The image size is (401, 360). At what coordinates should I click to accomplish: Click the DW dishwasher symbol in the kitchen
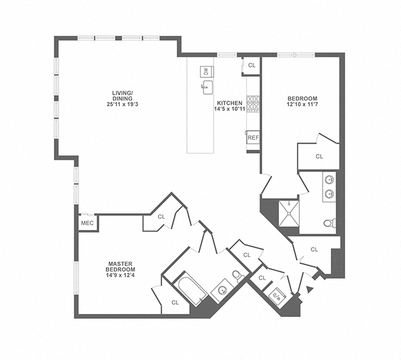[206, 71]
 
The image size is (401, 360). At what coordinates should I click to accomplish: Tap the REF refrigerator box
[253, 138]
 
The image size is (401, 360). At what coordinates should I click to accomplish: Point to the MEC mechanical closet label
[86, 223]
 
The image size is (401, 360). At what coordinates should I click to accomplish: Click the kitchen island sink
[207, 88]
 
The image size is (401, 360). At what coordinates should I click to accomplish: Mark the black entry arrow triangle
[309, 289]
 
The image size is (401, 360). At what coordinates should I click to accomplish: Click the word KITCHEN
[229, 103]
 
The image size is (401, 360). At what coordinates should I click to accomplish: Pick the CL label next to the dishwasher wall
[251, 65]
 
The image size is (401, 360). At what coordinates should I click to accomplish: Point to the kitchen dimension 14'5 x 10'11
[230, 110]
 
